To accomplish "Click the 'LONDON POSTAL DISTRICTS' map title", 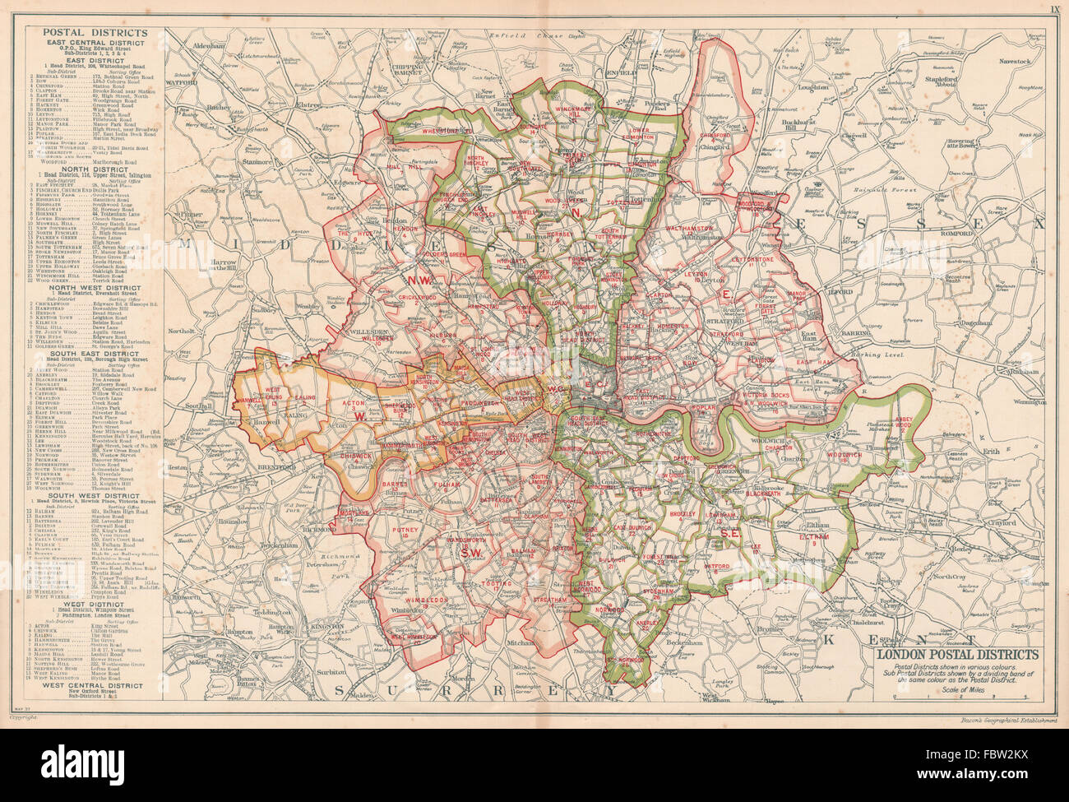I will click(x=957, y=655).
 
